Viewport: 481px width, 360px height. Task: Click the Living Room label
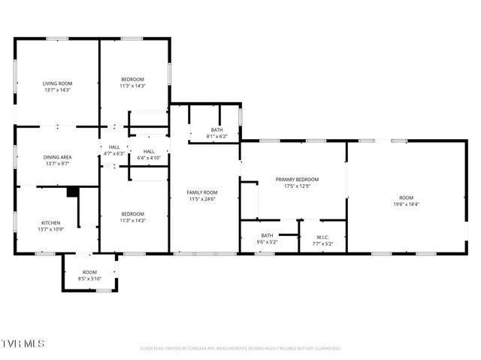(57, 83)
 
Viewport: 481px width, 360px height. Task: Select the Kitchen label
(50, 222)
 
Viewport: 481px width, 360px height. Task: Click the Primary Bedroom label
(297, 179)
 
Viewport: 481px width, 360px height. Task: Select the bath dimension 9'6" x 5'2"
(268, 242)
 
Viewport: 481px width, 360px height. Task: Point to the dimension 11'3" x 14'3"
(133, 86)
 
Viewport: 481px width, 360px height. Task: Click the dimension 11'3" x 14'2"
(133, 219)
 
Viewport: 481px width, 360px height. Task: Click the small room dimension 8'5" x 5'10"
(89, 279)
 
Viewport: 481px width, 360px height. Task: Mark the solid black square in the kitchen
(72, 192)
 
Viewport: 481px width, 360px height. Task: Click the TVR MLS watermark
(23, 343)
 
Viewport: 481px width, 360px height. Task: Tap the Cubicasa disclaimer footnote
(240, 349)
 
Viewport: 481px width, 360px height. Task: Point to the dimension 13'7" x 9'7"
(57, 163)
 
